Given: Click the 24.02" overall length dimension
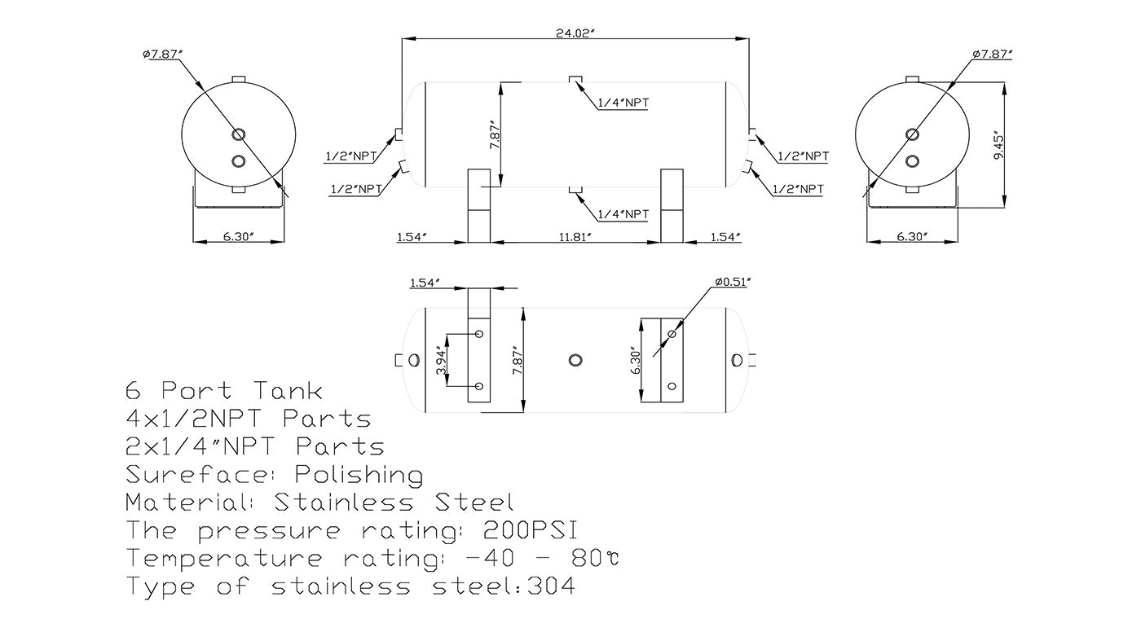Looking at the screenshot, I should [576, 33].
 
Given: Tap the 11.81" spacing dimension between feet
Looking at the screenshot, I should [576, 237].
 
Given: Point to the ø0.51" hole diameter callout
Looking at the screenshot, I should [731, 282].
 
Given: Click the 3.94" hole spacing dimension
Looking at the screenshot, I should [441, 359].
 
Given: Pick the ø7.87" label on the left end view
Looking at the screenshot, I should [162, 55].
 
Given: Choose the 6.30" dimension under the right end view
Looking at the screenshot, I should [912, 237].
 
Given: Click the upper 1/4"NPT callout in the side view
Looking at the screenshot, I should [623, 103].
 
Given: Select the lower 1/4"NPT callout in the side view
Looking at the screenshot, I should [623, 214].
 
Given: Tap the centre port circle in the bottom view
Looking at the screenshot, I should [575, 359].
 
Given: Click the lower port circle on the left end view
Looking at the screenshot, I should [238, 161].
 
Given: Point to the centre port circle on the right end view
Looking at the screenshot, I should [912, 134].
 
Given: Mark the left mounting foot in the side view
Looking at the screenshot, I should [481, 205].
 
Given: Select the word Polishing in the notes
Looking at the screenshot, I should [359, 475].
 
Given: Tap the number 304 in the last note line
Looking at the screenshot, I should [551, 586].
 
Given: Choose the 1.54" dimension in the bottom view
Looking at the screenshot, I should [425, 282].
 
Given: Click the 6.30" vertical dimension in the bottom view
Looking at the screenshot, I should [636, 359].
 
